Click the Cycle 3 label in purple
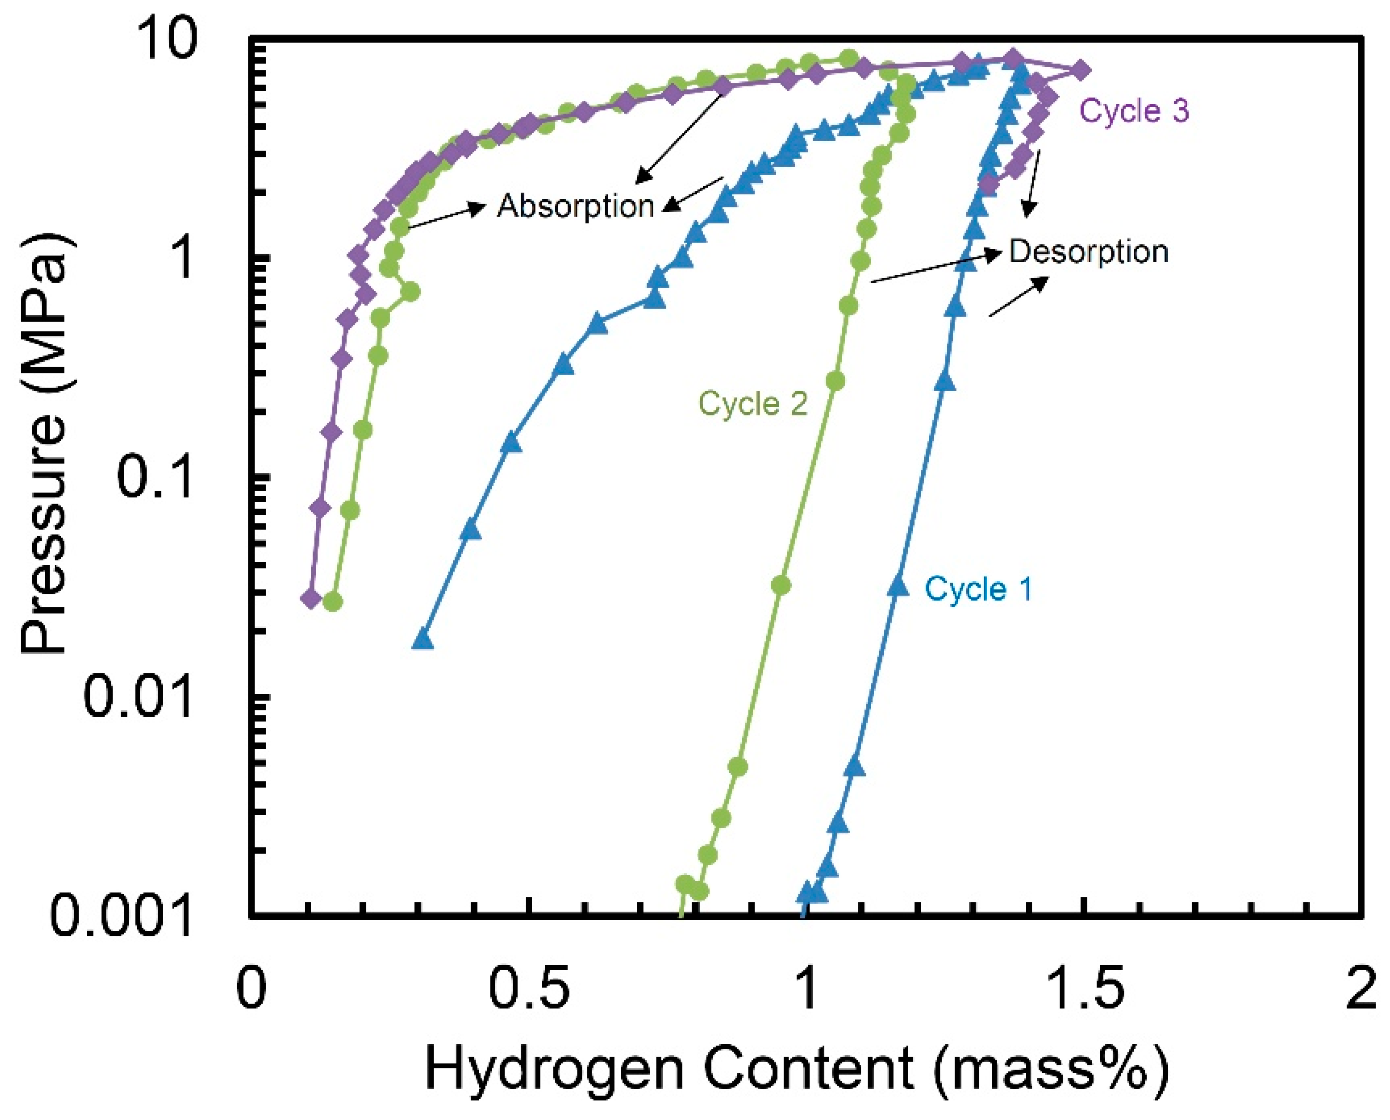[1133, 111]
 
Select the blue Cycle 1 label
[978, 589]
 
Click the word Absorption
[575, 207]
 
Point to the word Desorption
[1088, 252]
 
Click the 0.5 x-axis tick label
[529, 990]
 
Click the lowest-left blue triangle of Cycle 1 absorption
[422, 639]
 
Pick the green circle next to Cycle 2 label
[835, 381]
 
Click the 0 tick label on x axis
[251, 990]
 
